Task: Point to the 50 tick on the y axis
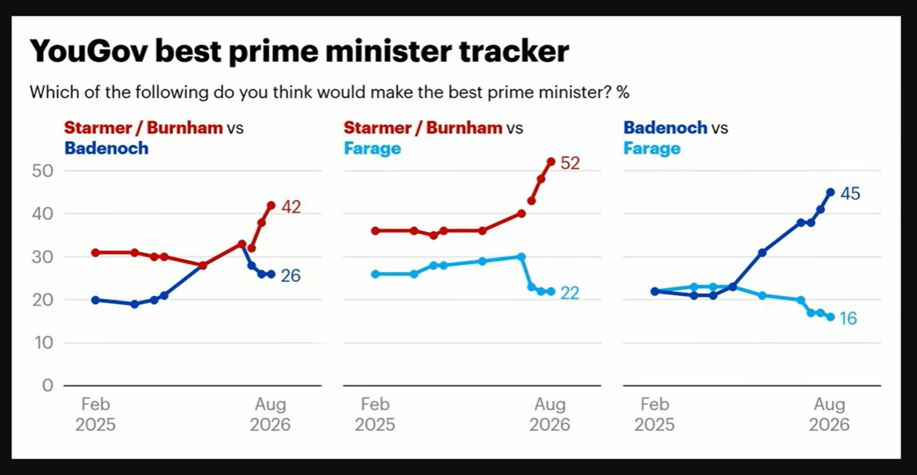(x=42, y=171)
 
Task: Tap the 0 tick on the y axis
(x=48, y=385)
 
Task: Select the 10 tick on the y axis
(x=44, y=342)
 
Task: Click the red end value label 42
(x=291, y=207)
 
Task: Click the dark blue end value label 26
(x=291, y=275)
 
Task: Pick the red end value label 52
(x=570, y=163)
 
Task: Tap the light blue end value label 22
(x=570, y=293)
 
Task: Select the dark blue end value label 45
(x=851, y=194)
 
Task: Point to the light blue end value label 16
(x=848, y=319)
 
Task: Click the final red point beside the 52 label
(x=551, y=161)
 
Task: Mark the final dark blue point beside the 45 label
(x=831, y=192)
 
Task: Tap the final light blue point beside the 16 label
(x=831, y=317)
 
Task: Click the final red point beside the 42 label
(x=271, y=205)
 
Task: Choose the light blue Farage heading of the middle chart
(x=372, y=148)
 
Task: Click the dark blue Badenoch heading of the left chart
(x=107, y=148)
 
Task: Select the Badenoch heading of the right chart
(x=665, y=128)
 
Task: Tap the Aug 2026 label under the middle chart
(x=549, y=414)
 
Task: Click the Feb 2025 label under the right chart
(x=655, y=414)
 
